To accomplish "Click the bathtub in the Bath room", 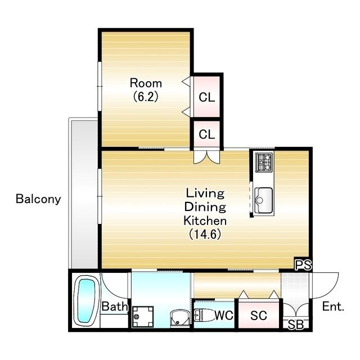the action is pyautogui.click(x=86, y=301).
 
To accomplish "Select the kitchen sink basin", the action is pyautogui.click(x=264, y=200).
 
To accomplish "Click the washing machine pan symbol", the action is pyautogui.click(x=142, y=316).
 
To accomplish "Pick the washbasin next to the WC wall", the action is pyautogui.click(x=180, y=317).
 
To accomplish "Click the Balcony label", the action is pyautogui.click(x=38, y=199).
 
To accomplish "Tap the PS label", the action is pyautogui.click(x=303, y=265).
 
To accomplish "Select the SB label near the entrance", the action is pyautogui.click(x=296, y=325).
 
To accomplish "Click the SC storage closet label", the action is pyautogui.click(x=259, y=316).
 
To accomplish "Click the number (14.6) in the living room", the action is pyautogui.click(x=205, y=234).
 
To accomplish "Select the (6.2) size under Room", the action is pyautogui.click(x=146, y=96).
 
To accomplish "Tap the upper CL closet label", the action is pyautogui.click(x=206, y=97).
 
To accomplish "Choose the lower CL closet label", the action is pyautogui.click(x=206, y=134).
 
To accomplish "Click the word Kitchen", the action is pyautogui.click(x=205, y=220).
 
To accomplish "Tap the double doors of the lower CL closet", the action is pyautogui.click(x=206, y=157).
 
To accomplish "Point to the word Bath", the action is pyautogui.click(x=114, y=306).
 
